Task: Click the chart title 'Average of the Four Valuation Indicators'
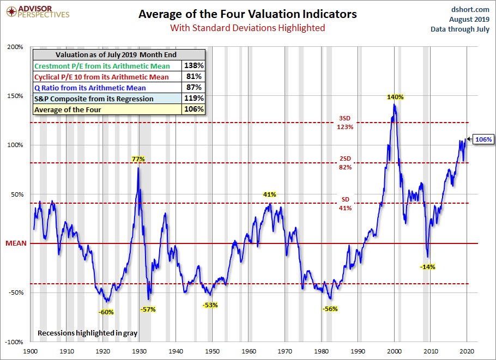[247, 14]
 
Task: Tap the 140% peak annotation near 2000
[395, 97]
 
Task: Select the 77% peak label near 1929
[138, 159]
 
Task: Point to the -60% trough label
[106, 312]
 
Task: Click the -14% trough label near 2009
[427, 267]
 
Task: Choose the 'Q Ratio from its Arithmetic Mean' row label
[90, 88]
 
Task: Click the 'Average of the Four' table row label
[67, 109]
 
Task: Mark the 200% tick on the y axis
[15, 47]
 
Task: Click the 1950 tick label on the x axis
[213, 352]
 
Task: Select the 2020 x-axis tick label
[467, 352]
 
